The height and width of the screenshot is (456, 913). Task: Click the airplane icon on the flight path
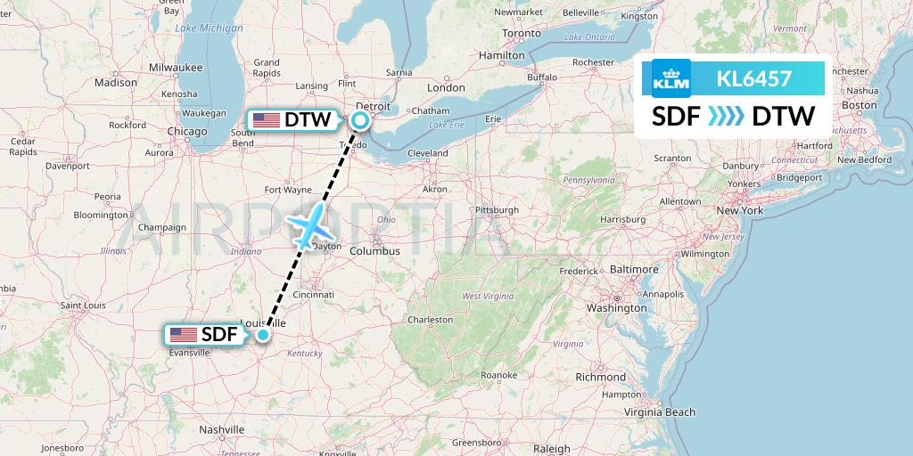coord(308,226)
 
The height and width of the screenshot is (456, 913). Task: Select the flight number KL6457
coord(753,78)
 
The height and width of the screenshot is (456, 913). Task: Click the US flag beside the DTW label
coord(266,119)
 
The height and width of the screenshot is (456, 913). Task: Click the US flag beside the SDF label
coord(183,335)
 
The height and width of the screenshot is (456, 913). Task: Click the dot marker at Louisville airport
coord(263,335)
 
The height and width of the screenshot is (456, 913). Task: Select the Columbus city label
coord(374,251)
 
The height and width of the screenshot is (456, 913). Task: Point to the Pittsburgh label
coord(497,210)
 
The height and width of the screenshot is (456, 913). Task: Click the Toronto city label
coord(522,33)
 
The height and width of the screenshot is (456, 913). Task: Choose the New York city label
coord(740,211)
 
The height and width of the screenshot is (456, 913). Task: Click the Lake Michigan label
coord(209,28)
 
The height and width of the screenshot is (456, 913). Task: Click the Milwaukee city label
coord(176,67)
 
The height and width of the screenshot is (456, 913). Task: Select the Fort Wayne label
coord(286,189)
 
